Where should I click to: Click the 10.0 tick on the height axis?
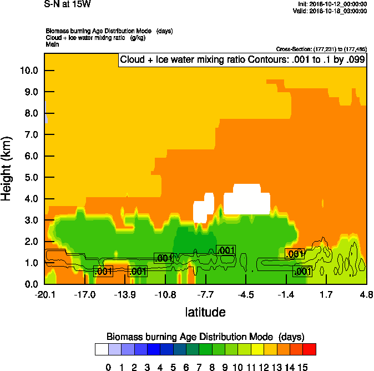pyautogui.click(x=28, y=71)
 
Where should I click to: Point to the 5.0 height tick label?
pyautogui.click(x=28, y=177)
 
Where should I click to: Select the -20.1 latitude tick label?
pyautogui.click(x=44, y=294)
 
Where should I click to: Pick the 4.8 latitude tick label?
pyautogui.click(x=366, y=294)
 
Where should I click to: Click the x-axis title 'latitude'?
pyautogui.click(x=205, y=312)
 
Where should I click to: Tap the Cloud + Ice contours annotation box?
pyautogui.click(x=242, y=60)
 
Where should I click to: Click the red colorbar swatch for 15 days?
pyautogui.click(x=310, y=349)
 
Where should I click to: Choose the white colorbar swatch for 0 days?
pyautogui.click(x=101, y=349)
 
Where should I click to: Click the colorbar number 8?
pyautogui.click(x=212, y=367)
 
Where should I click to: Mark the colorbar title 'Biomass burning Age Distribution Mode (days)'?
pyautogui.click(x=205, y=337)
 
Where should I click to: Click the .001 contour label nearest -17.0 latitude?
pyautogui.click(x=103, y=272)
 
